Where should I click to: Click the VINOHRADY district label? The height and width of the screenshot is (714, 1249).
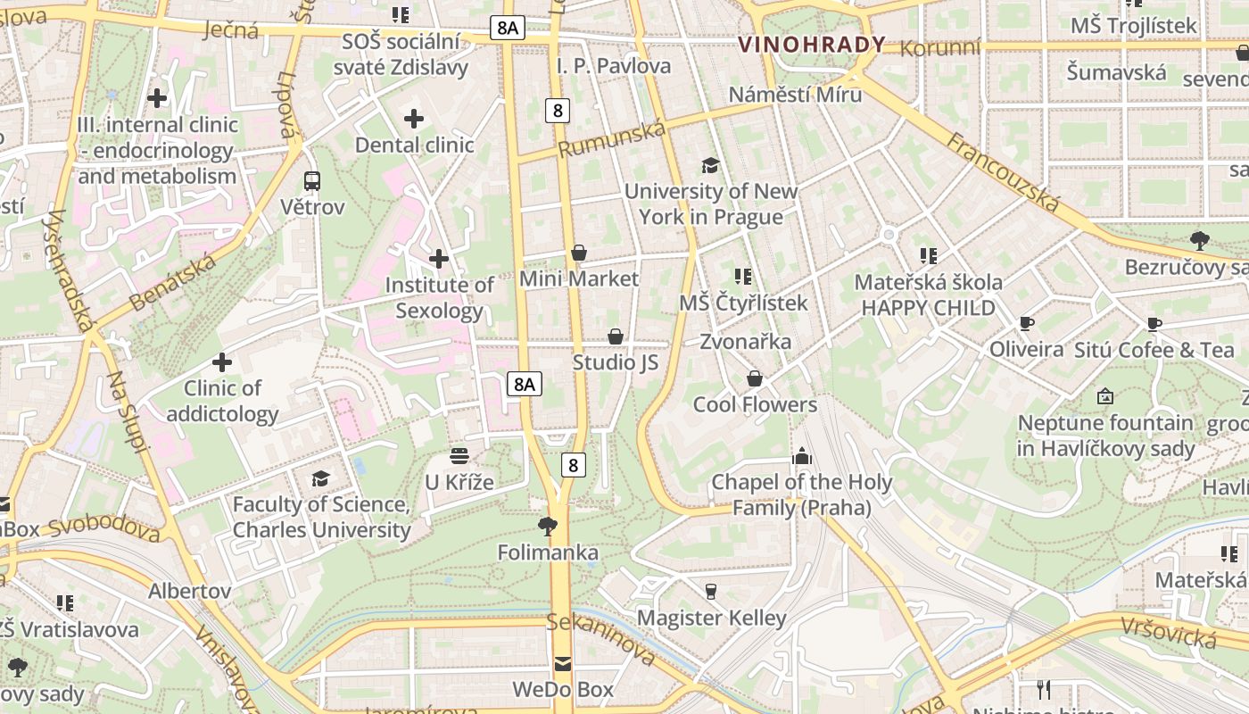812,45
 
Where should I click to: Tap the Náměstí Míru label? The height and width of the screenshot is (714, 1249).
795,95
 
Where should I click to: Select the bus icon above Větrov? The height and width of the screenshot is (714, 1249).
312,181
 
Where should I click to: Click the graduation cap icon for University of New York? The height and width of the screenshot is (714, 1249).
710,165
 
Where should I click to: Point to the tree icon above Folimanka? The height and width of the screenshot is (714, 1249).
548,527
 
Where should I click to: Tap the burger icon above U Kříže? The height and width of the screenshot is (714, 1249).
459,456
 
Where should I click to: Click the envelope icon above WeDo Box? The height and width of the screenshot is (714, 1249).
563,664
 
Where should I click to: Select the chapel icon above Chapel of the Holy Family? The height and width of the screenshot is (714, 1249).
801,456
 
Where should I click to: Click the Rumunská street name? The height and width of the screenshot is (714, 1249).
612,139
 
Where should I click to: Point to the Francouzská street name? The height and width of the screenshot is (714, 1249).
1003,173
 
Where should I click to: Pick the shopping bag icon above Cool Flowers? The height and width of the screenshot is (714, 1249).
755,378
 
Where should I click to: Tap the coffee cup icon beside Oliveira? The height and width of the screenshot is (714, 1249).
1026,323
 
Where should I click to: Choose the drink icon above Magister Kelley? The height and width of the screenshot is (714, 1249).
711,591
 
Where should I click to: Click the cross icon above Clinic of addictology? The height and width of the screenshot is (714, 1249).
222,362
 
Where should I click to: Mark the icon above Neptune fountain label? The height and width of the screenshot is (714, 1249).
1105,395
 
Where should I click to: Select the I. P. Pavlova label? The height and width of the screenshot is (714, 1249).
614,66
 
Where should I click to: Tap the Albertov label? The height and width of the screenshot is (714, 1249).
189,591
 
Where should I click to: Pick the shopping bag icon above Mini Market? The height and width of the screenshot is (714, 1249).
579,253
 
